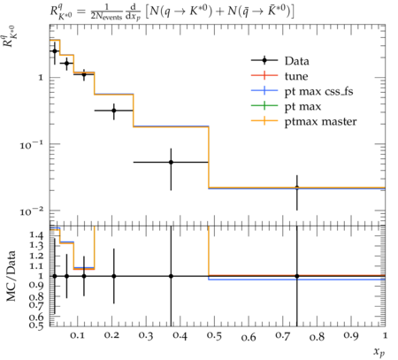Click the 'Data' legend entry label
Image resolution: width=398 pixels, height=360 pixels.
pos(297,61)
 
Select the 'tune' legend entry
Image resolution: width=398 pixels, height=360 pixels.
pos(296,76)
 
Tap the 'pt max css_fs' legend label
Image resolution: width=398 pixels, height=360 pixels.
pos(318,92)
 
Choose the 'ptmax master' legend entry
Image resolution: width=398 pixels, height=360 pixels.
pos(320,122)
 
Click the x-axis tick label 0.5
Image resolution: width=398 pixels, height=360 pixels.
pos(214,336)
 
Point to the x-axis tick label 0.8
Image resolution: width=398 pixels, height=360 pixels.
pos(317,336)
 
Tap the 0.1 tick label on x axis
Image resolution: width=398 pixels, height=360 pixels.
pos(77,336)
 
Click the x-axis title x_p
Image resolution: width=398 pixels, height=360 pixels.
pos(379,352)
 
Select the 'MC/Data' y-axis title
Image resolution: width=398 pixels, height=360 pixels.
pos(11,276)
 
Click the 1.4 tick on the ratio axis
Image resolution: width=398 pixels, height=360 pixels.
pos(36,235)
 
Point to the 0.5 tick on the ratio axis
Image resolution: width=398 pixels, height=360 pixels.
pos(36,325)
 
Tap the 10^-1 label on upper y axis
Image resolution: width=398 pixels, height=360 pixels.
pos(32,144)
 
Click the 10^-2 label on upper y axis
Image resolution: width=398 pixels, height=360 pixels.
pos(32,211)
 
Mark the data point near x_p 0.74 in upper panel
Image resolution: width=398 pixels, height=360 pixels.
pos(297,188)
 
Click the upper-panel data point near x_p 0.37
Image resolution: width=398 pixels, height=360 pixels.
pos(171,162)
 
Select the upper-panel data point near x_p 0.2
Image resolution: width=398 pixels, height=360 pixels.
pos(114,111)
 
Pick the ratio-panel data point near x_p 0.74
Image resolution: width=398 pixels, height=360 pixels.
pos(297,276)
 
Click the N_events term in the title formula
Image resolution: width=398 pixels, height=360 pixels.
pos(106,17)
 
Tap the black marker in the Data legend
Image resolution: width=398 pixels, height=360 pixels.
pos(264,60)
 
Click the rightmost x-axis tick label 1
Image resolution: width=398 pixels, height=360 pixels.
pos(385,335)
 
